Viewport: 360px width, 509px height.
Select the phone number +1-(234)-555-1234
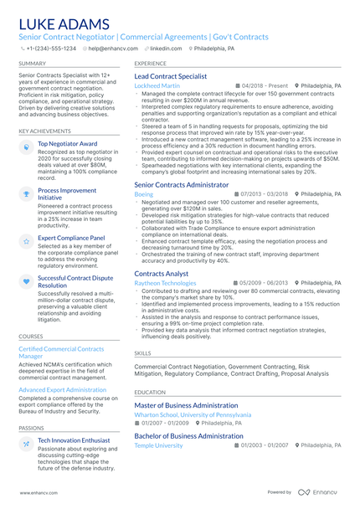pos(50,49)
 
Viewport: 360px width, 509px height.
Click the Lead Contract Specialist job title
pos(171,76)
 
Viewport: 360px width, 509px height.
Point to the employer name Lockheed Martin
pos(157,86)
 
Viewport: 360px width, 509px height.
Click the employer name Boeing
pos(143,193)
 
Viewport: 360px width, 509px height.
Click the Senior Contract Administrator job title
pos(181,184)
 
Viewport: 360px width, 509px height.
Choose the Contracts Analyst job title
pos(162,274)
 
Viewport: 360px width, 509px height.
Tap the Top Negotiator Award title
pos(67,143)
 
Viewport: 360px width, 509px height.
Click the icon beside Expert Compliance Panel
pos(27,241)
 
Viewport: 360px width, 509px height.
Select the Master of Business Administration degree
pos(186,405)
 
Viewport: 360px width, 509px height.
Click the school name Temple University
pos(158,445)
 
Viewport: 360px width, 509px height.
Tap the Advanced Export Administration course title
pos(63,389)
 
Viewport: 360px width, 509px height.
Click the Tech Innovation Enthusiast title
pos(74,440)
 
